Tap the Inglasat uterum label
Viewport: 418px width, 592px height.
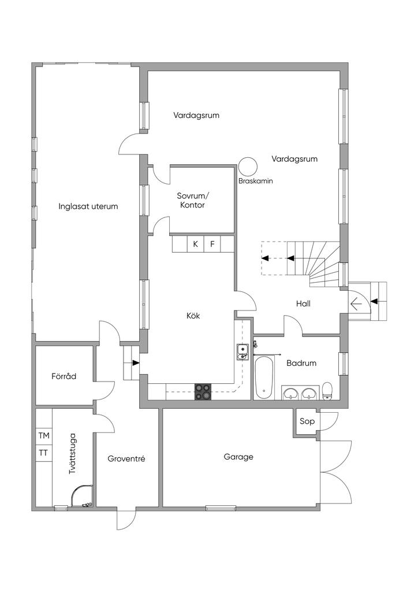(x=88, y=206)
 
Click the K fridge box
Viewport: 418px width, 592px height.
(x=196, y=244)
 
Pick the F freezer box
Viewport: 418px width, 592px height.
(x=212, y=244)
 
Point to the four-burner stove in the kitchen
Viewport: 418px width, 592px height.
(x=203, y=391)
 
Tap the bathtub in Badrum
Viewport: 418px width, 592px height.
(x=263, y=378)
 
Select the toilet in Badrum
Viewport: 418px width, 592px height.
(x=327, y=391)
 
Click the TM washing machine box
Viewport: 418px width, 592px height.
(x=44, y=435)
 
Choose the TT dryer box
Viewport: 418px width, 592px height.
(x=44, y=453)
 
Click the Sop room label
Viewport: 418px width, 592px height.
(x=307, y=421)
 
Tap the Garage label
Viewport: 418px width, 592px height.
(x=238, y=457)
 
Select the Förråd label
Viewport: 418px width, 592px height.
(x=64, y=376)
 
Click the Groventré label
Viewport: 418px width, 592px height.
(x=126, y=459)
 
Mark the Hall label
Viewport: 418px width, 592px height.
(x=304, y=303)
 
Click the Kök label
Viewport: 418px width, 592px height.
(x=193, y=315)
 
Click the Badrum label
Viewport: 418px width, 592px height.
(x=301, y=363)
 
